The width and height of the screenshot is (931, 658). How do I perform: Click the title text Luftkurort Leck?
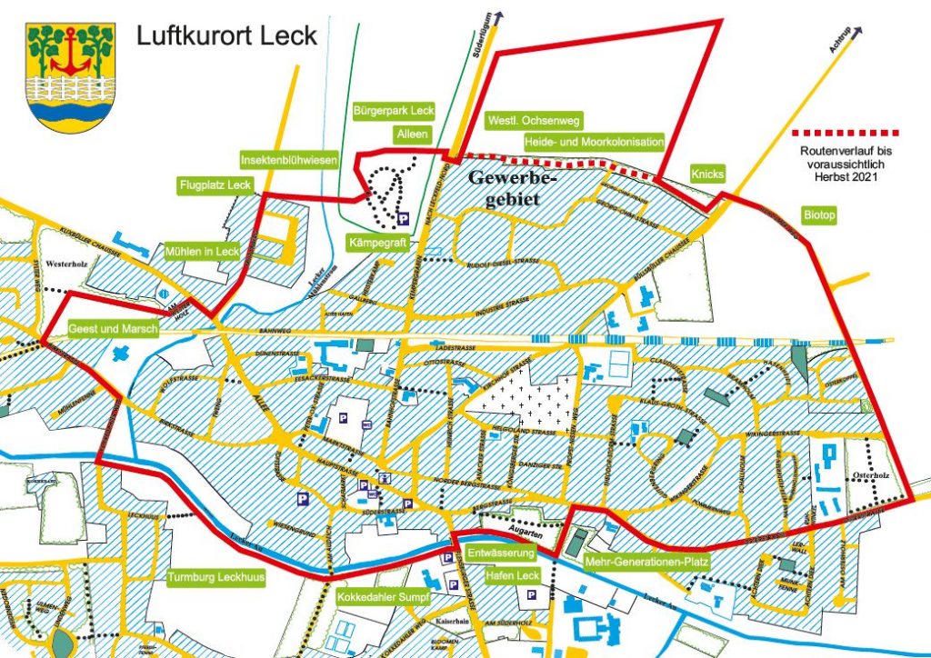point(226,35)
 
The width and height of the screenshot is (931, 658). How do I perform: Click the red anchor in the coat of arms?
point(71,55)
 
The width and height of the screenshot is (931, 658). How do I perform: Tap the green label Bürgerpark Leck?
point(393,111)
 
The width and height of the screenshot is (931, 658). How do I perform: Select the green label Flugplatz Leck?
point(215,186)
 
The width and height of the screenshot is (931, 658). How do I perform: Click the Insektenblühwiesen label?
point(289,160)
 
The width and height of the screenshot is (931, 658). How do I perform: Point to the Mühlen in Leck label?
point(201,251)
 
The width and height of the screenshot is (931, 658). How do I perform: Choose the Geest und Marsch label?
point(113,328)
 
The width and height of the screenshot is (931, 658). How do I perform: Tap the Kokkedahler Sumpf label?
point(378,597)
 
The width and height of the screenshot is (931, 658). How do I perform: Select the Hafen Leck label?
point(516,576)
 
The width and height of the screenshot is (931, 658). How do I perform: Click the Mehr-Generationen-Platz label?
point(646,562)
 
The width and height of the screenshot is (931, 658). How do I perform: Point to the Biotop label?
point(819,215)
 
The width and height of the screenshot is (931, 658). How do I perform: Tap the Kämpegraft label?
point(378,243)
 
